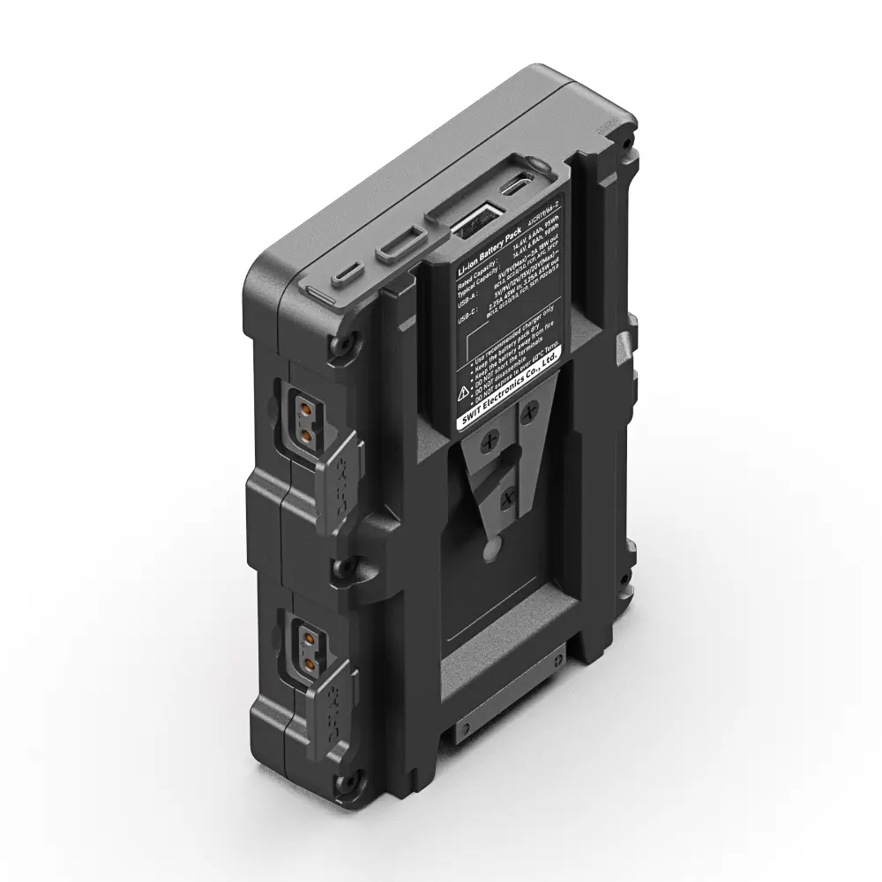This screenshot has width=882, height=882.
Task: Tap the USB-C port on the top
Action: [516, 185]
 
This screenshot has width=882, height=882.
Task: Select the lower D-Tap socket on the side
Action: [310, 648]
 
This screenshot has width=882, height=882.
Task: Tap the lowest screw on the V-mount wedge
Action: [508, 499]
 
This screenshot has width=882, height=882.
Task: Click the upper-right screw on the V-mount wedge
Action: [530, 410]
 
